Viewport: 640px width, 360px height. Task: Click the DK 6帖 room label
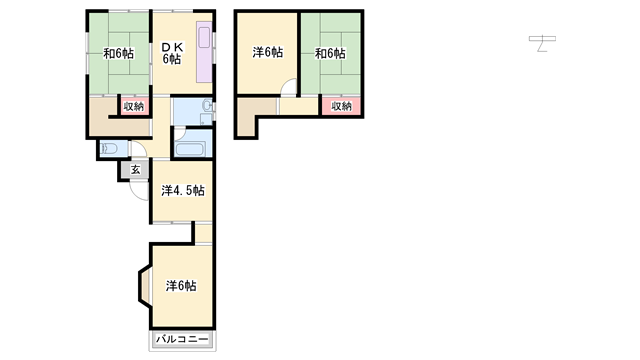pyautogui.click(x=172, y=53)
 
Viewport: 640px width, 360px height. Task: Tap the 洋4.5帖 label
pyautogui.click(x=183, y=191)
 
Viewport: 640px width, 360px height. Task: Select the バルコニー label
pyautogui.click(x=182, y=339)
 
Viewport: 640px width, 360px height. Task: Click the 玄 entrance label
pyautogui.click(x=136, y=169)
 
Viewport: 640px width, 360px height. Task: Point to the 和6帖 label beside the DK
pyautogui.click(x=118, y=53)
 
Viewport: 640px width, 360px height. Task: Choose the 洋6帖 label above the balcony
pyautogui.click(x=181, y=286)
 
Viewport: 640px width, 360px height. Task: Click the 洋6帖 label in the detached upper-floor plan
pyautogui.click(x=267, y=52)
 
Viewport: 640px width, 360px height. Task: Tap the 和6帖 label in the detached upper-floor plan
pyautogui.click(x=330, y=53)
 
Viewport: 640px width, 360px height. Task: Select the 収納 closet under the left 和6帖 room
pyautogui.click(x=134, y=107)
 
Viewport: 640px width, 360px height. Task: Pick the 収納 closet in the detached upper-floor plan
pyautogui.click(x=341, y=106)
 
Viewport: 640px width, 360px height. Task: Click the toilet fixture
pyautogui.click(x=109, y=148)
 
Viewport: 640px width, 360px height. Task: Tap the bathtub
pyautogui.click(x=190, y=149)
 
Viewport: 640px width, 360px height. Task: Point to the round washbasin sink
pyautogui.click(x=207, y=106)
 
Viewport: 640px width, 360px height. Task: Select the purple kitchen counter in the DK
pyautogui.click(x=204, y=52)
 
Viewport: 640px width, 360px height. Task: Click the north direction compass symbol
pyautogui.click(x=542, y=43)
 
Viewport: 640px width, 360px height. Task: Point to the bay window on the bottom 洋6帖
pyautogui.click(x=145, y=285)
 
